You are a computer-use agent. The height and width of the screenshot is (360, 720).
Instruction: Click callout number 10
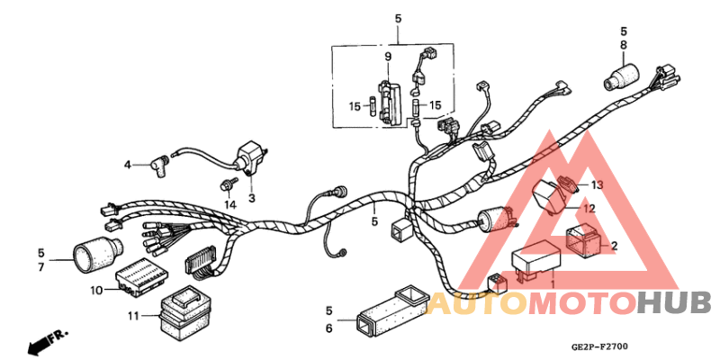point(96,289)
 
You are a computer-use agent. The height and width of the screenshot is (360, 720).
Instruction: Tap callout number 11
point(133,315)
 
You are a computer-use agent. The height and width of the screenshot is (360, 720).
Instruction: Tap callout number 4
point(128,165)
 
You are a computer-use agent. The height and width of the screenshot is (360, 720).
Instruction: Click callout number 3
point(252,198)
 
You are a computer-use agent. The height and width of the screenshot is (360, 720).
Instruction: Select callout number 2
point(614,245)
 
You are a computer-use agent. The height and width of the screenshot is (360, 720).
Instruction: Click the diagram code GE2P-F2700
point(598,346)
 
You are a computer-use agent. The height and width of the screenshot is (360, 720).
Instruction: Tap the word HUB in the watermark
point(674,304)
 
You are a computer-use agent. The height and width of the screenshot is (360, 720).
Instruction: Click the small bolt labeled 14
point(224,186)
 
